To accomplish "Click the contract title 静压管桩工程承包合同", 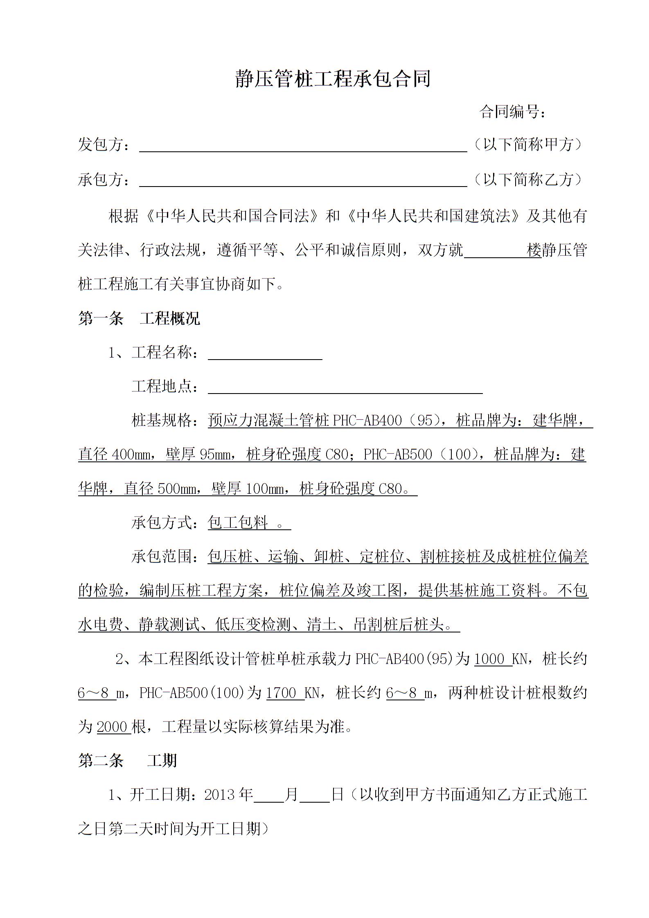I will pyautogui.click(x=333, y=79).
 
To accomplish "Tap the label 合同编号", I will pyautogui.click(x=512, y=112).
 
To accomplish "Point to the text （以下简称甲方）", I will pyautogui.click(x=528, y=144).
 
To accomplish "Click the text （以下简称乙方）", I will pyautogui.click(x=528, y=179).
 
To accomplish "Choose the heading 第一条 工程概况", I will pyautogui.click(x=139, y=318).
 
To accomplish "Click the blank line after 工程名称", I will pyautogui.click(x=265, y=354).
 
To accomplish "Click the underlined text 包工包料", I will pyautogui.click(x=238, y=523).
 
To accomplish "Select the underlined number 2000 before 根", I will pyautogui.click(x=113, y=727).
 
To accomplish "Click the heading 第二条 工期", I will pyautogui.click(x=127, y=761).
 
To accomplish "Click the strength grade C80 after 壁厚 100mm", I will pyautogui.click(x=390, y=489).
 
